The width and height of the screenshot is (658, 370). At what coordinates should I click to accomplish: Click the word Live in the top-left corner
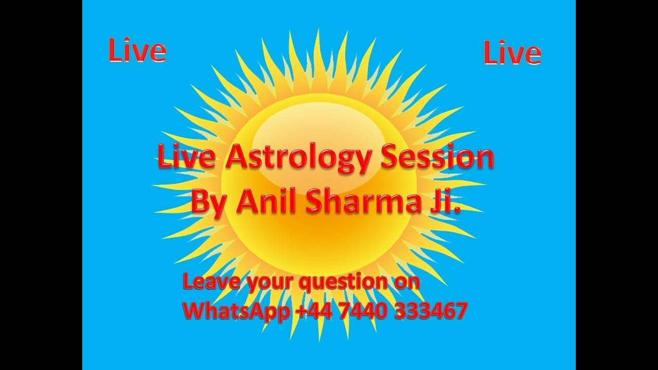click(x=137, y=51)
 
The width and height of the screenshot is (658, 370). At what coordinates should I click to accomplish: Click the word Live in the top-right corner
click(x=512, y=53)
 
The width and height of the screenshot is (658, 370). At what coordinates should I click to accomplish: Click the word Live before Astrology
click(x=186, y=157)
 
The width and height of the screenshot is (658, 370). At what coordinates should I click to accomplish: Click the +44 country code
click(x=314, y=311)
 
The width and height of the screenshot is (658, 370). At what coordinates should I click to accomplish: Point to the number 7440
click(x=363, y=311)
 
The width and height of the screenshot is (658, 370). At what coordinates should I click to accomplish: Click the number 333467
click(x=430, y=311)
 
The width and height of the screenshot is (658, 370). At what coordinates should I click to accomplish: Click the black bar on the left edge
click(x=41, y=185)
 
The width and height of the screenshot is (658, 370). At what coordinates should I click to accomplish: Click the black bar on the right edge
click(x=617, y=185)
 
